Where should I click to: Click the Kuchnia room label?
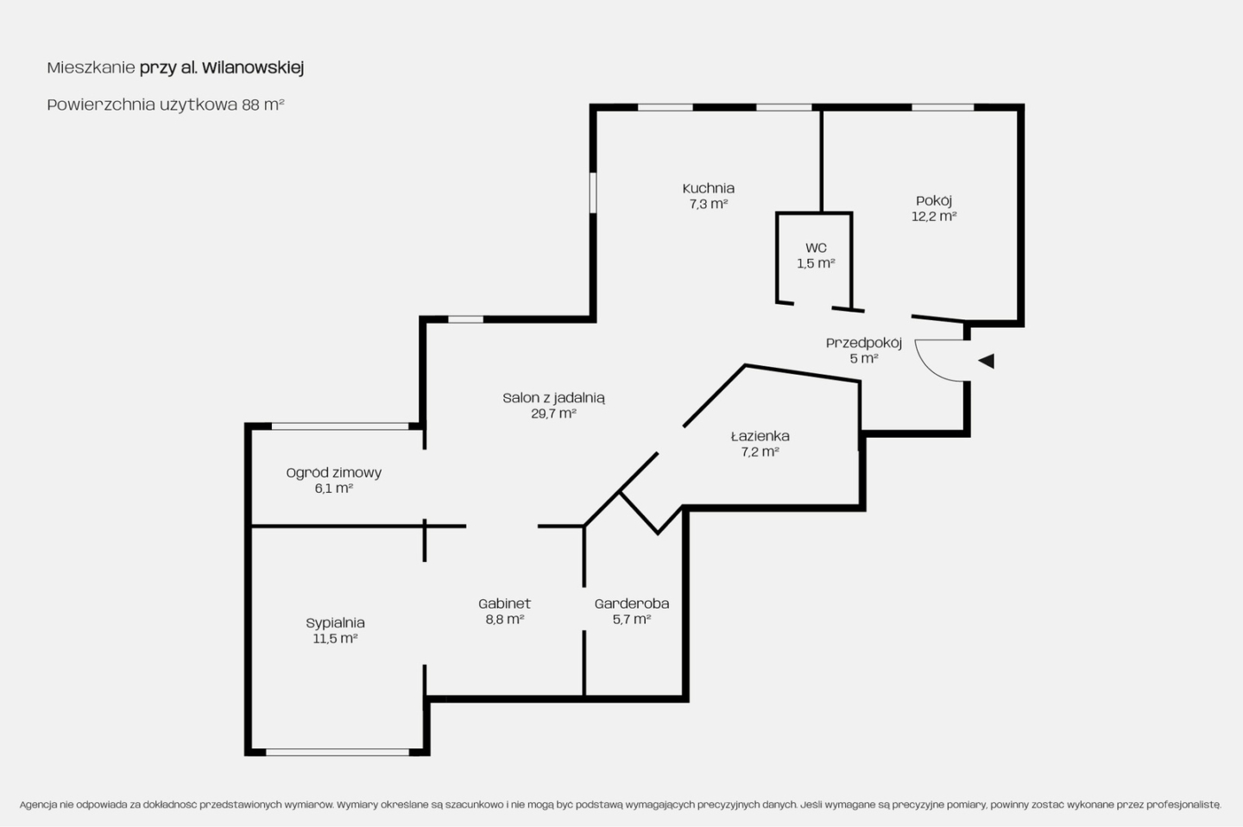[708, 188]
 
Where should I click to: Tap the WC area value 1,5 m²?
[816, 263]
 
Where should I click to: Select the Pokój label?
[934, 200]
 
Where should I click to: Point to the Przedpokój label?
[864, 343]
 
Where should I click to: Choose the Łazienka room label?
[760, 436]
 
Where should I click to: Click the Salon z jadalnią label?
[553, 398]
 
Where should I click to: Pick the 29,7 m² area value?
[553, 413]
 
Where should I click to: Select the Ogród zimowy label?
[333, 473]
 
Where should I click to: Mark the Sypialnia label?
[335, 622]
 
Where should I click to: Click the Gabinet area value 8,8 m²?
[504, 619]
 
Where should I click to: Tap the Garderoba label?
[632, 603]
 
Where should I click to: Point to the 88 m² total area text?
[263, 104]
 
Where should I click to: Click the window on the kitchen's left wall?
[593, 193]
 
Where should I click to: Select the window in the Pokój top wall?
[943, 107]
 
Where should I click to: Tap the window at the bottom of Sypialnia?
[338, 752]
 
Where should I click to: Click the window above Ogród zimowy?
[340, 426]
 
